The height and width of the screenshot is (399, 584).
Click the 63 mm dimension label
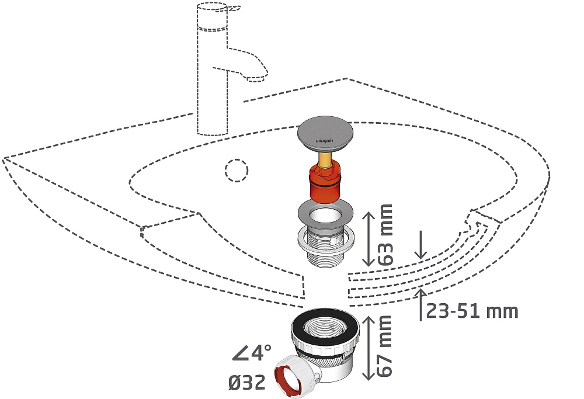click(x=385, y=235)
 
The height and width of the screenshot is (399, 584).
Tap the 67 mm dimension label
click(x=384, y=346)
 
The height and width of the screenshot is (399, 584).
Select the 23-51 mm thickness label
click(x=472, y=311)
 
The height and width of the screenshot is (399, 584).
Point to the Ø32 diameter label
click(x=246, y=382)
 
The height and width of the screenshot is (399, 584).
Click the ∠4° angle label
click(x=251, y=352)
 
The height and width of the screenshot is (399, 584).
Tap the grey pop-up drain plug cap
click(x=325, y=134)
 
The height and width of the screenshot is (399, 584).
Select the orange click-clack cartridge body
click(x=325, y=182)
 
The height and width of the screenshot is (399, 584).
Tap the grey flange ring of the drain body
click(x=325, y=213)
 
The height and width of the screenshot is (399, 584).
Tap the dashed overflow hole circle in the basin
click(x=236, y=170)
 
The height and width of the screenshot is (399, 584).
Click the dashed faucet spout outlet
click(x=255, y=78)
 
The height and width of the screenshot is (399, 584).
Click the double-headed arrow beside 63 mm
click(x=369, y=239)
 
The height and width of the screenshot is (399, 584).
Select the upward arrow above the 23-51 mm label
click(x=421, y=304)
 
